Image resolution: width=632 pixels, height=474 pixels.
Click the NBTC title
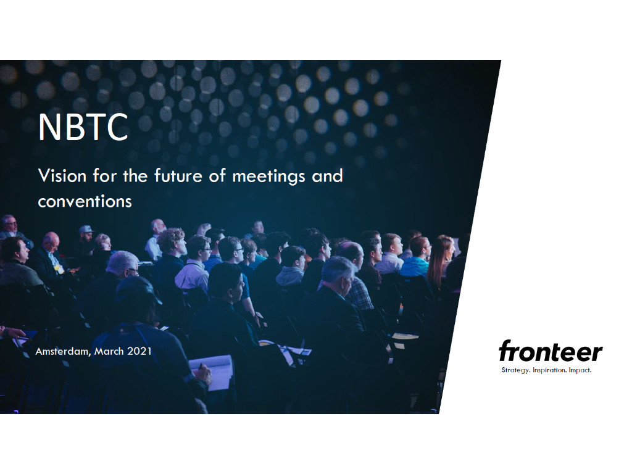click(83, 127)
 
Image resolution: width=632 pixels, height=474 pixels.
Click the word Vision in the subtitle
click(62, 176)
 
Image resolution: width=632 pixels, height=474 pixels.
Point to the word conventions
click(85, 201)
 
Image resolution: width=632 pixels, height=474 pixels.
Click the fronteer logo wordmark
click(550, 352)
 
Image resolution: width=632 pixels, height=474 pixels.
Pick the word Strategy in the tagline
click(515, 370)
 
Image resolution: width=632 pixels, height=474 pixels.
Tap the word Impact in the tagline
click(581, 370)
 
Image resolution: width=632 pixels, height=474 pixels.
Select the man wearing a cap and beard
click(86, 238)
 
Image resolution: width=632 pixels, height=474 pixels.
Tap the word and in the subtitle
click(327, 176)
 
